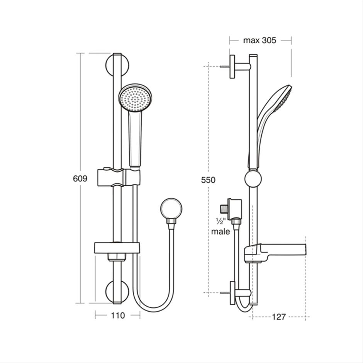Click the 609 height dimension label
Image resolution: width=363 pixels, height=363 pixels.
[x=80, y=178]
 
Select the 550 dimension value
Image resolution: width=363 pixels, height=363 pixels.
[x=209, y=180]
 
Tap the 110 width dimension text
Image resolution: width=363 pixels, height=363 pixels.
[x=118, y=316]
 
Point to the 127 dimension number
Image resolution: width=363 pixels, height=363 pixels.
[x=278, y=317]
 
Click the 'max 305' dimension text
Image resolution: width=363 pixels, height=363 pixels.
[x=260, y=41]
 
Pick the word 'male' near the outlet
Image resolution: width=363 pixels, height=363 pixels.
[x=221, y=232]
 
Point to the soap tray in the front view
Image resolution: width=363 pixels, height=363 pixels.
[x=117, y=248]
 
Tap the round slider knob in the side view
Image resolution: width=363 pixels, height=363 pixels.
[x=253, y=179]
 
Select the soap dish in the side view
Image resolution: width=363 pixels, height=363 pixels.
[x=274, y=252]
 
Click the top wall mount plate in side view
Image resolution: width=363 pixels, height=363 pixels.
[x=232, y=66]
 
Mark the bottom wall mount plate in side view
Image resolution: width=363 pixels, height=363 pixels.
[x=232, y=293]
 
